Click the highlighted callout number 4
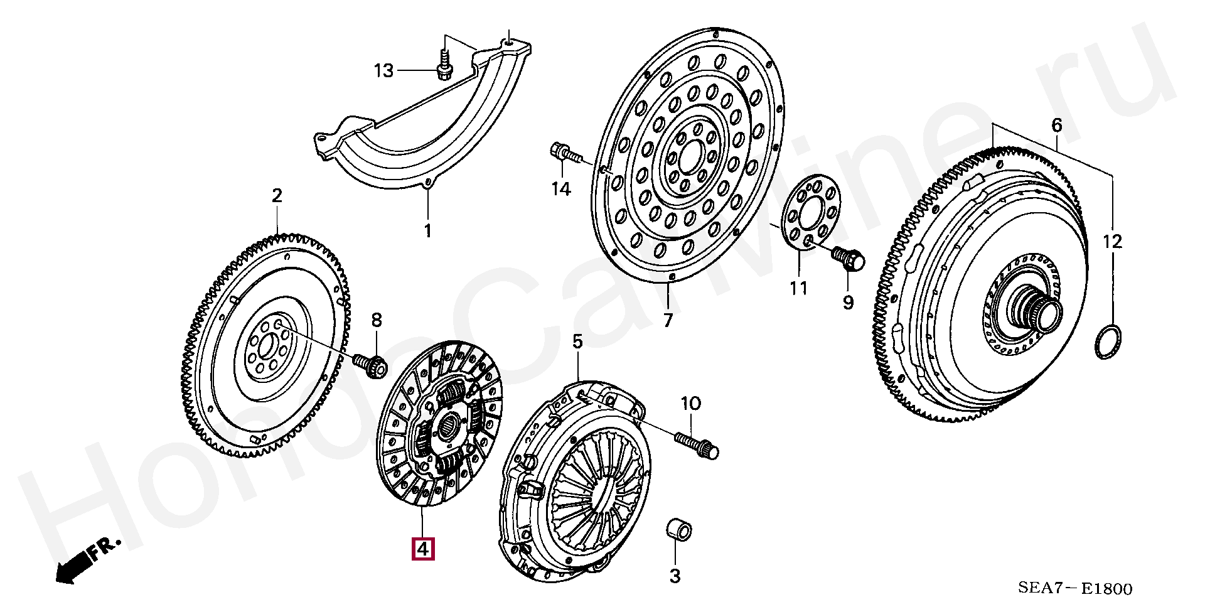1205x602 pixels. click(422, 549)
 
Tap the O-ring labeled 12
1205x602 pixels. click(1109, 343)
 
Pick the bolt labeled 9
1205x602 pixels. click(848, 258)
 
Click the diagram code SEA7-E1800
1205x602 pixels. click(1074, 588)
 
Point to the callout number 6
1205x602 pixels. click(1057, 126)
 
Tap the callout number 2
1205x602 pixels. click(277, 195)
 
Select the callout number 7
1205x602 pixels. click(667, 321)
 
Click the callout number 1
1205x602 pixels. click(427, 231)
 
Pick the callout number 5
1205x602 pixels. click(577, 341)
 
